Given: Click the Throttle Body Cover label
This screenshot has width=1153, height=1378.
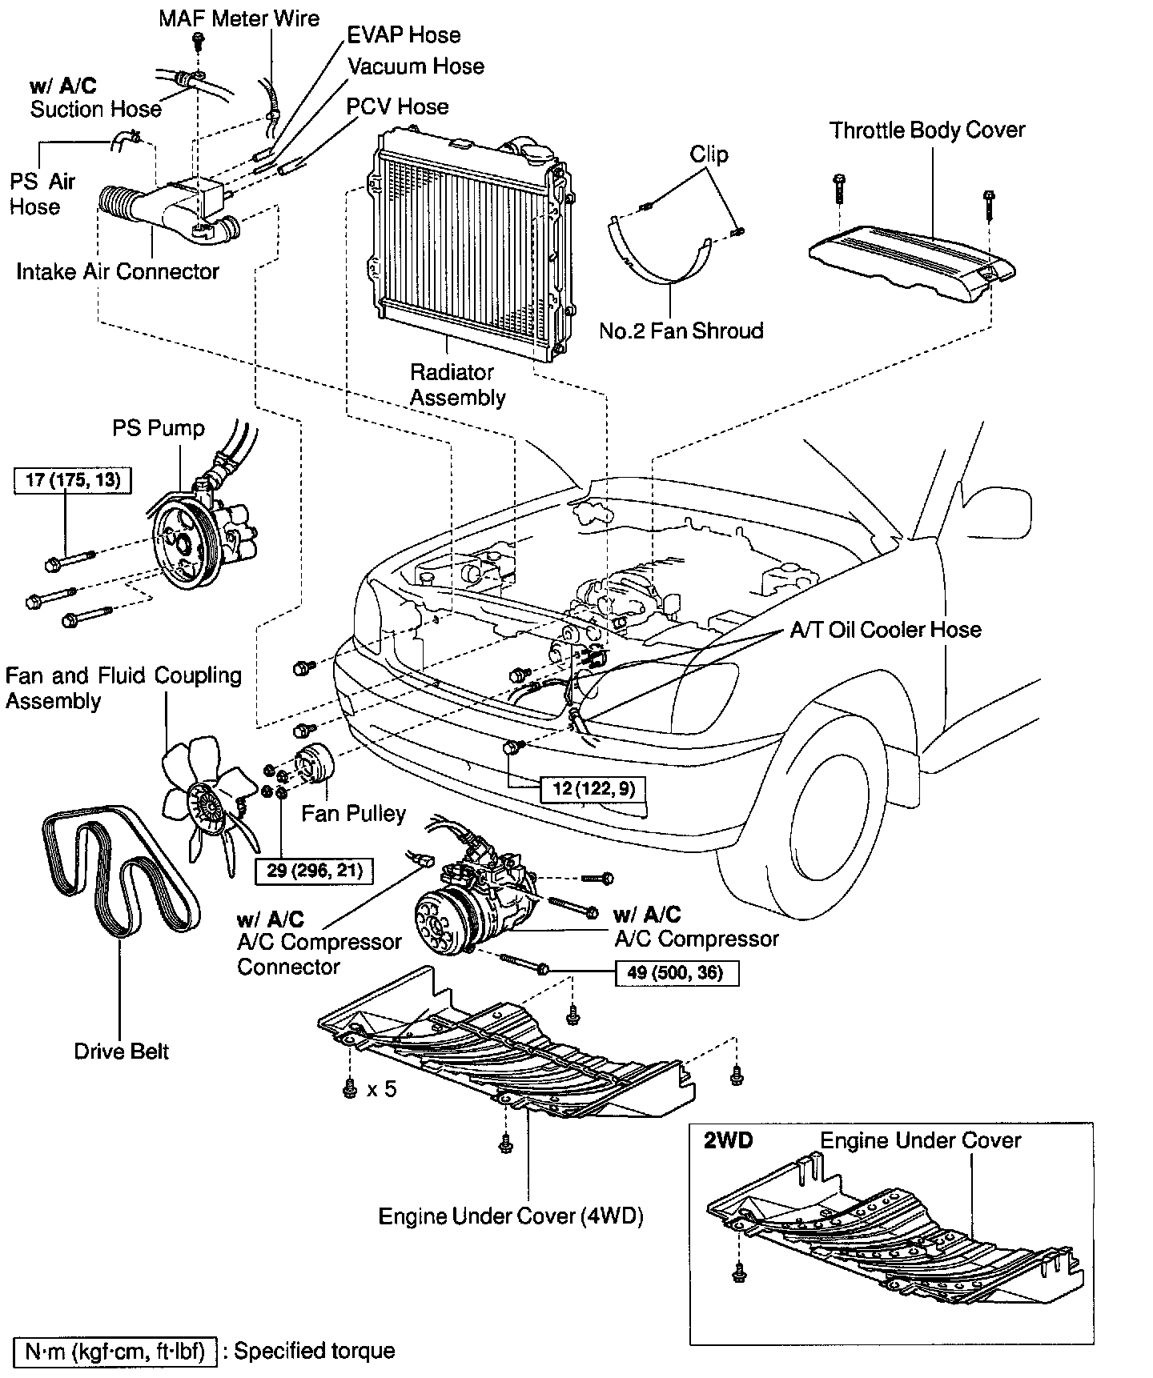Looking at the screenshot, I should pos(926,130).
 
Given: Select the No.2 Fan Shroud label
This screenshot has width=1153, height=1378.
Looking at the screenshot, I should pos(681,330).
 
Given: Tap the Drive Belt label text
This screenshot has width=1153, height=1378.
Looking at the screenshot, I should pos(122,1051).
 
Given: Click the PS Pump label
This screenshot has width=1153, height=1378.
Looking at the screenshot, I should pos(159,428).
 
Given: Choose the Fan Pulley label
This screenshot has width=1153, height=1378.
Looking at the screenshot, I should pos(353,814).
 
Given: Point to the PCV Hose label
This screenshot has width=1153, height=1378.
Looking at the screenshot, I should pos(397,106).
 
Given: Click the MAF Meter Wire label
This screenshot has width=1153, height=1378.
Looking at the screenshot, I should pos(239,18).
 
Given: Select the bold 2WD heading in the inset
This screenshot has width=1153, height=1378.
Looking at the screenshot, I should pos(728,1140).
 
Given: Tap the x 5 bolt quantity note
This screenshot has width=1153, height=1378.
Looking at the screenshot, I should pos(382,1089).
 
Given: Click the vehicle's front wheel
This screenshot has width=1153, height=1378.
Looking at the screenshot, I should pos(817,808).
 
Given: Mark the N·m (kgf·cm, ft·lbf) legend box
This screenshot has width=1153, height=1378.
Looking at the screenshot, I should pos(115,1352).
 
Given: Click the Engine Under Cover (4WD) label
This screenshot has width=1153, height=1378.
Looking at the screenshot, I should pos(511,1216).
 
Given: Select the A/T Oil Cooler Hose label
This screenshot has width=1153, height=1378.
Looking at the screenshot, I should pos(886,630).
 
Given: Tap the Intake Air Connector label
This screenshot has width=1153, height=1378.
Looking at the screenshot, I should pos(118,272).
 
